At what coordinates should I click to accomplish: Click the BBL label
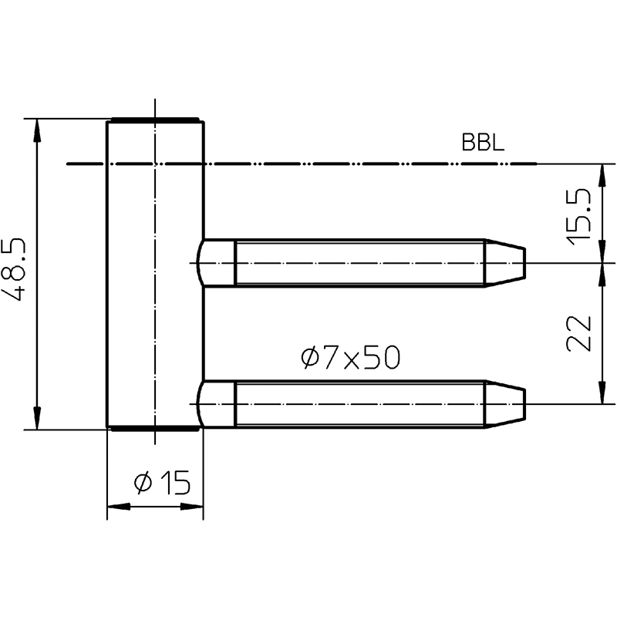pyautogui.click(x=483, y=143)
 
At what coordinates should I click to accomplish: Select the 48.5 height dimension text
pyautogui.click(x=14, y=269)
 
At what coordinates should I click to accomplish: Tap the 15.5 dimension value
pyautogui.click(x=578, y=217)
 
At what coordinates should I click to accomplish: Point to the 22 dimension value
pyautogui.click(x=578, y=333)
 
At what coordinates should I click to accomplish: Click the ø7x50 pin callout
pyautogui.click(x=351, y=358)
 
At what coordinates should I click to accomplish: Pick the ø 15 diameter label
pyautogui.click(x=162, y=483)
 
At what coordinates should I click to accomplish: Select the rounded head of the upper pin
pyautogui.click(x=216, y=263)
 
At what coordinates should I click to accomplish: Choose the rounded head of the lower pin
pyautogui.click(x=216, y=404)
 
